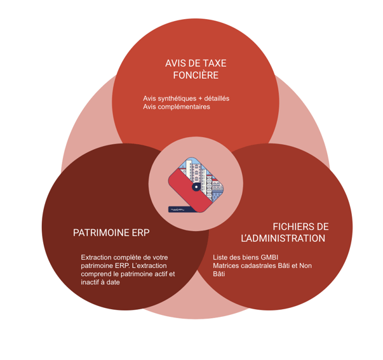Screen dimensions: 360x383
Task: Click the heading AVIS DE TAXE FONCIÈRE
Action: click(195, 69)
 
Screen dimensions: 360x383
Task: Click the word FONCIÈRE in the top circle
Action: click(196, 76)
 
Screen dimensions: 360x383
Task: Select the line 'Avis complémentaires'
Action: click(177, 107)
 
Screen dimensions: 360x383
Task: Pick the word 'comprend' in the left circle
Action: click(96, 274)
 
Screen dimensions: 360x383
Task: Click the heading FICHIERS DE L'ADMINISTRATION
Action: click(283, 232)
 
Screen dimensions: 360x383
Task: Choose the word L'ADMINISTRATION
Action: click(283, 239)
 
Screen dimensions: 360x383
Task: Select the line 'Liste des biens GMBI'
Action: click(246, 257)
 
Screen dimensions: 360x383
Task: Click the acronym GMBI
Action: click(269, 257)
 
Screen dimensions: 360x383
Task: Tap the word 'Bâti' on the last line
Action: click(219, 274)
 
